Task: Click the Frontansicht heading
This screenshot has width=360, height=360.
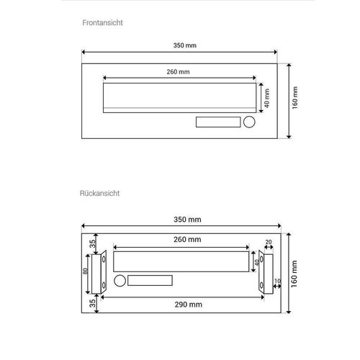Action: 102,23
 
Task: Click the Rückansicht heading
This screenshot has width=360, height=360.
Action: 99,193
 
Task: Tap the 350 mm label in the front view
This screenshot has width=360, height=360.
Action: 185,45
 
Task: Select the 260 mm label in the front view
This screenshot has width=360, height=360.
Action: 178,72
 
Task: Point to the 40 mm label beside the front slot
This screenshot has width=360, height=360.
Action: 266,98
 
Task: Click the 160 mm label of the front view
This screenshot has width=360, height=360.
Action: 295,98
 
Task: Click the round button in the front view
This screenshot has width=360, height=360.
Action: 249,122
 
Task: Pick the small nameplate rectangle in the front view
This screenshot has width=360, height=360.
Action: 218,122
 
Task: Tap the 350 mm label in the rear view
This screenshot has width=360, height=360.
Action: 187,220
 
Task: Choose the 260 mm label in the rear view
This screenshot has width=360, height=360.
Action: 187,239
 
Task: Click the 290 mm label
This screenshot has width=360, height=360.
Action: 189,305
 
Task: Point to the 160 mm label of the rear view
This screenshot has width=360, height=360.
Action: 294,274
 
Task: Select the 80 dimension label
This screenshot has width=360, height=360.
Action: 85,271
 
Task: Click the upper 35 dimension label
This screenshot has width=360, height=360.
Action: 92,244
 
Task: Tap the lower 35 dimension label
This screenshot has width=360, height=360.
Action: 92,303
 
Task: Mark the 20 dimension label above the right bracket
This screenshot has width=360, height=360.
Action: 269,242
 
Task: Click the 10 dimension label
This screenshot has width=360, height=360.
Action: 277,281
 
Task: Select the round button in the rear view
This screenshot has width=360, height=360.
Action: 120,281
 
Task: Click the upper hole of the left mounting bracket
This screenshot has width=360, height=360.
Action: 104,259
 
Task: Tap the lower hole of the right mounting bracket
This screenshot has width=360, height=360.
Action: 261,286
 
